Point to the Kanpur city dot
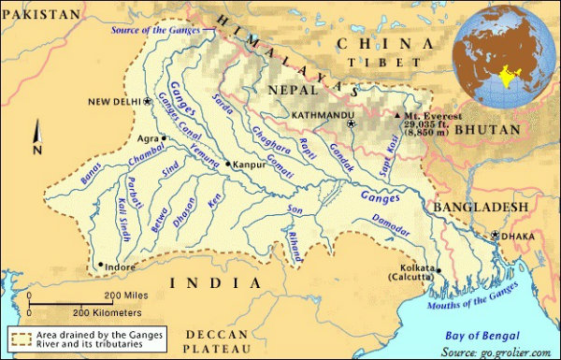click(x=227, y=165)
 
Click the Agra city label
click(x=148, y=137)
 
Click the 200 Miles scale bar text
click(x=126, y=295)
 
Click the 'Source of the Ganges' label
click(x=157, y=29)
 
